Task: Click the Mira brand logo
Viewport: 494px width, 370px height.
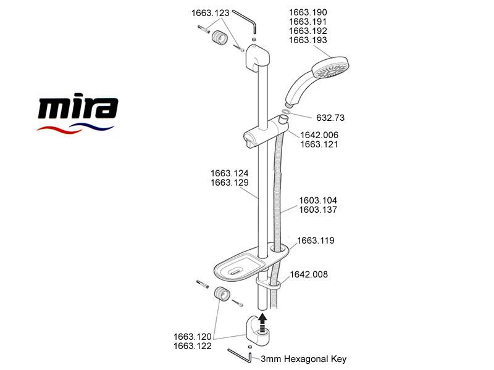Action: click(x=78, y=113)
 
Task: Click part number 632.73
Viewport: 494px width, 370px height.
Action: click(x=330, y=118)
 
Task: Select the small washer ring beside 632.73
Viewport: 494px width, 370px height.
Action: click(x=287, y=112)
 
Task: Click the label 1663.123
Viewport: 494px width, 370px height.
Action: click(x=211, y=13)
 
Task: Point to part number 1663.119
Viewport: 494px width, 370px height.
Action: click(x=316, y=240)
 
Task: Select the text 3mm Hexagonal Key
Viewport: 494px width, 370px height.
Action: click(x=304, y=359)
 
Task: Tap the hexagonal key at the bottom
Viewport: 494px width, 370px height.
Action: click(x=240, y=356)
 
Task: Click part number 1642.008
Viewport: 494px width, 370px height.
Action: click(x=309, y=274)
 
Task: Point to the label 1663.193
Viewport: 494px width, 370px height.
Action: click(x=308, y=40)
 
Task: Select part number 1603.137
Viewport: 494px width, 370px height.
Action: click(x=318, y=210)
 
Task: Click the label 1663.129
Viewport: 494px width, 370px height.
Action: click(x=229, y=183)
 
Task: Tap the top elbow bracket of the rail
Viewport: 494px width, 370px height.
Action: click(x=257, y=57)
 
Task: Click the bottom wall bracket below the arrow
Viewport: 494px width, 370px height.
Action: click(x=257, y=331)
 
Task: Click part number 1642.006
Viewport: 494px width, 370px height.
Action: click(x=319, y=135)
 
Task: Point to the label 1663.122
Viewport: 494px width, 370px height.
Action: click(x=193, y=346)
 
